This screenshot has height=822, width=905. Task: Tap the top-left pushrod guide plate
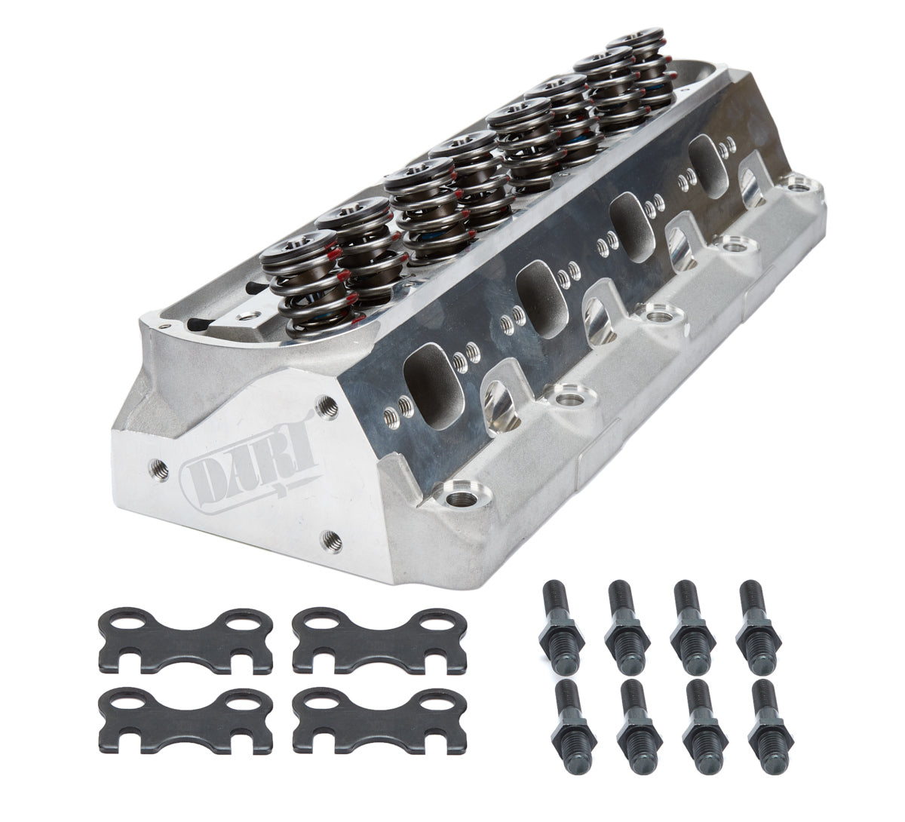[186, 640]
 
